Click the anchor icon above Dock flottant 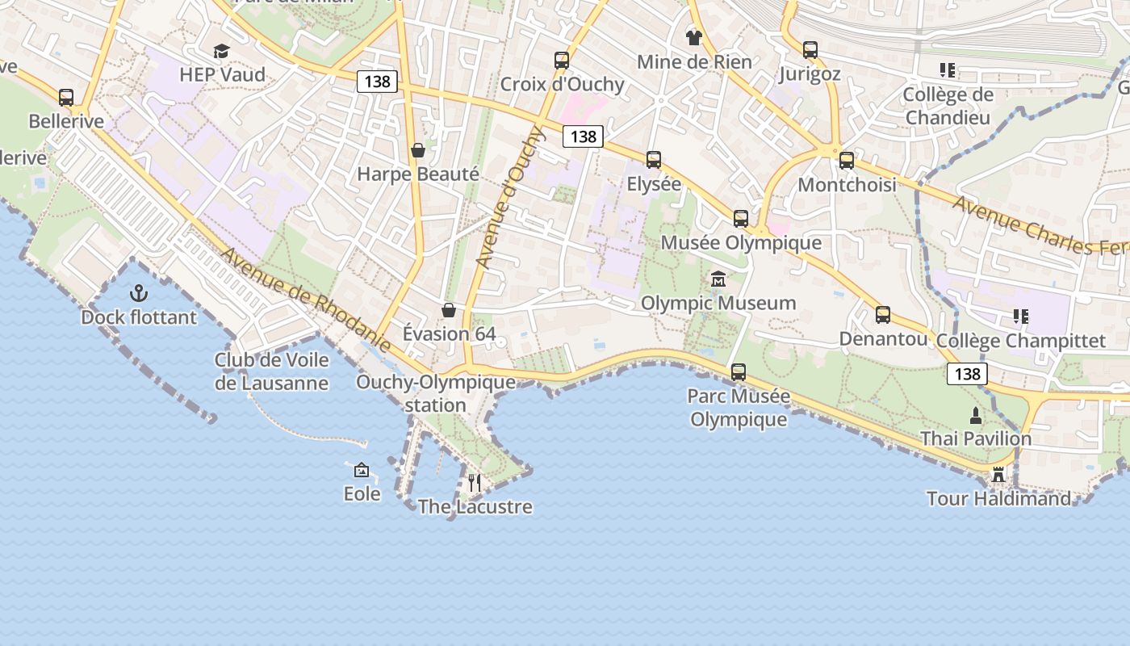[139, 292]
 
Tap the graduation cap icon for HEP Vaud [221, 52]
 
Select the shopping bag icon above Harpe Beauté [418, 150]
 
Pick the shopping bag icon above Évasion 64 [449, 310]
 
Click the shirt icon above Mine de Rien [693, 37]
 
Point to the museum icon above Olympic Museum [718, 279]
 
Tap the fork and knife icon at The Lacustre [475, 483]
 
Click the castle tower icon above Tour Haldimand [998, 474]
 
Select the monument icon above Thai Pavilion [976, 416]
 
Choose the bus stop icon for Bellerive [66, 98]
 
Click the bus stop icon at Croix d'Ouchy [562, 61]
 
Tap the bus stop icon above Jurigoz [810, 50]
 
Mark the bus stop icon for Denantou [883, 315]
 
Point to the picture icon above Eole [362, 469]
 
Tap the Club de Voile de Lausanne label [272, 371]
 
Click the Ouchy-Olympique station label [436, 393]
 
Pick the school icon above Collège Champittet [1021, 317]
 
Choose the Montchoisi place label [847, 185]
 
